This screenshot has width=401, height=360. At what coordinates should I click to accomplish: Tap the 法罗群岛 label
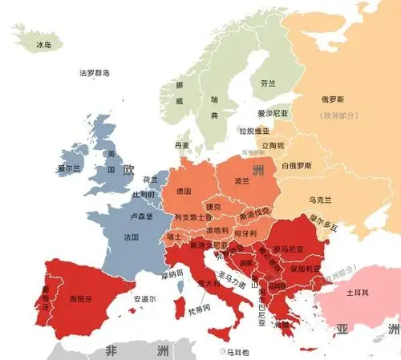pyautogui.click(x=95, y=73)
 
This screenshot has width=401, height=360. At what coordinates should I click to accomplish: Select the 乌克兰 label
pyautogui.click(x=319, y=198)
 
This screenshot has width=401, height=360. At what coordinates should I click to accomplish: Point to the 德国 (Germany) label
pyautogui.click(x=183, y=192)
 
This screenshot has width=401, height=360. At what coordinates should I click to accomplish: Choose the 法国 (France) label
pyautogui.click(x=132, y=237)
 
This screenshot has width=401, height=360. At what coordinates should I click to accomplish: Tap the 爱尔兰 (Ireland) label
pyautogui.click(x=70, y=168)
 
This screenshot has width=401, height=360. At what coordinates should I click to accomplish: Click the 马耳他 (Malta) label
pyautogui.click(x=237, y=352)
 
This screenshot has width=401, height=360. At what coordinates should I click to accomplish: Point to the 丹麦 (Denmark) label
pyautogui.click(x=182, y=145)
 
